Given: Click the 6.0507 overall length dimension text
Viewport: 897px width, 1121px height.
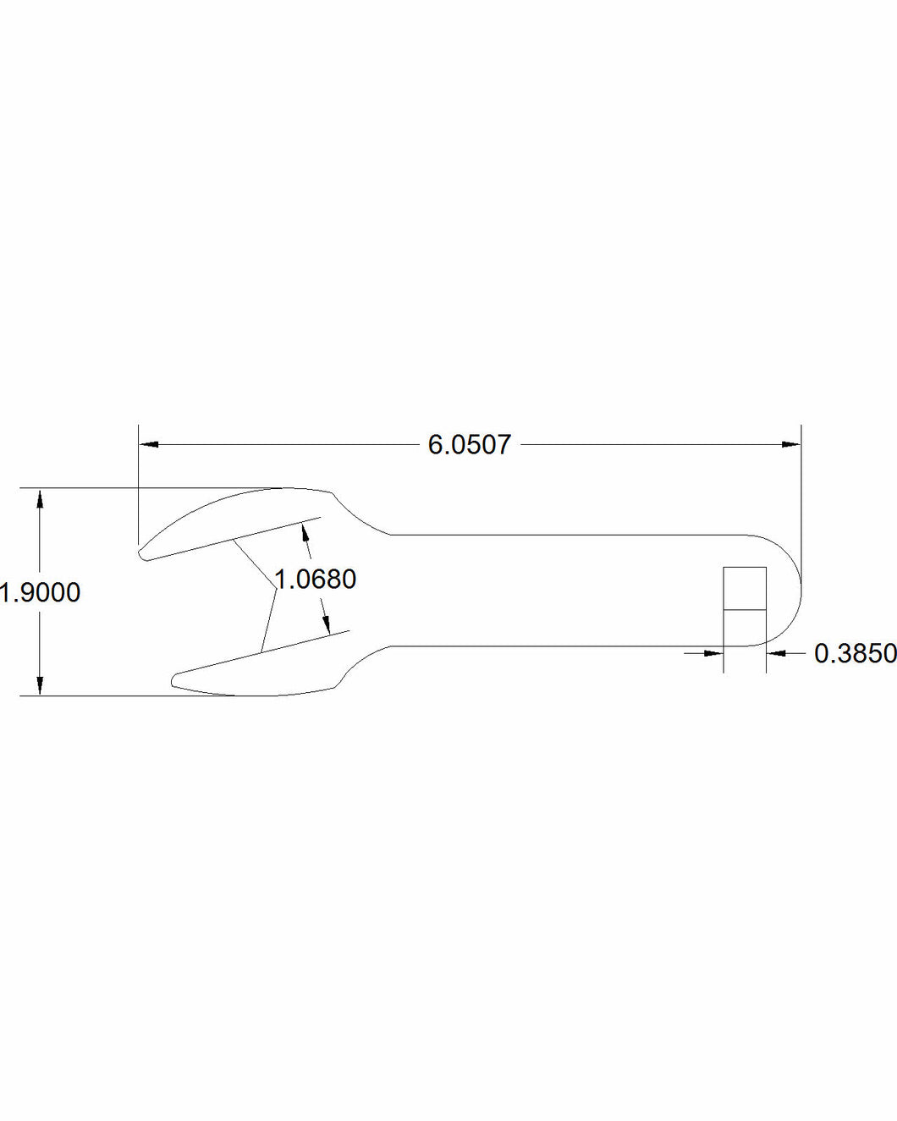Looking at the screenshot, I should (x=470, y=444).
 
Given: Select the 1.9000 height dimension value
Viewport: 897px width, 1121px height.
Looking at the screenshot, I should (x=41, y=592).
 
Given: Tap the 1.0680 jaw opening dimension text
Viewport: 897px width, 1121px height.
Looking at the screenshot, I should (x=315, y=580).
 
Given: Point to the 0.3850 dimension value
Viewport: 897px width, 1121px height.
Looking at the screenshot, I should (x=854, y=653).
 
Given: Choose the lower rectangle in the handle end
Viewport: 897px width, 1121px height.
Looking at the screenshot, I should (x=745, y=628).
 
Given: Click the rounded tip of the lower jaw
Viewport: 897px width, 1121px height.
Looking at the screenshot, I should (x=175, y=680).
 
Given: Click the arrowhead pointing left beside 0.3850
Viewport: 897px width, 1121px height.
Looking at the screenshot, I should (x=775, y=653).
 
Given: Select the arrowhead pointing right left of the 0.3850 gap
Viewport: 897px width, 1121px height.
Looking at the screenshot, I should (x=715, y=653).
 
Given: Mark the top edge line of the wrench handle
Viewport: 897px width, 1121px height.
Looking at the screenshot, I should (x=567, y=535).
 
